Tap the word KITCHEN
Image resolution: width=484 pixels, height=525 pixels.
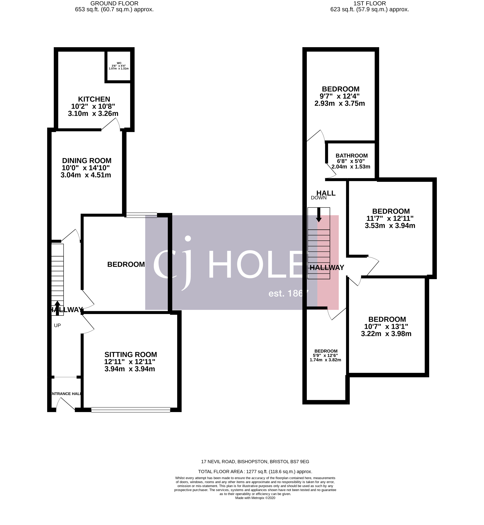coord(94,99)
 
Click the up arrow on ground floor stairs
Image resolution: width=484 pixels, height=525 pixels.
coord(57,308)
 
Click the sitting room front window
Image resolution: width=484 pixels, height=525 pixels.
coord(131,410)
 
